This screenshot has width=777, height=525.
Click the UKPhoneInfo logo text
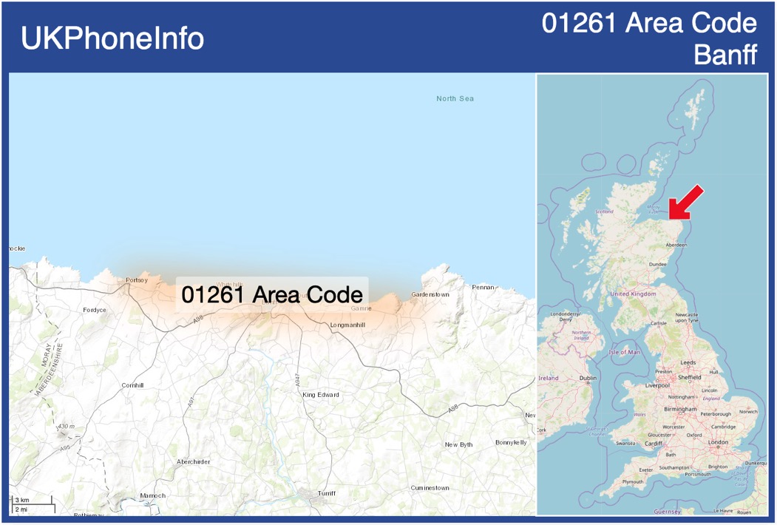(x=112, y=38)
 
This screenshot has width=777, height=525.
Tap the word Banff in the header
(x=725, y=54)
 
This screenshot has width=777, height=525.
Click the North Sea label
(x=455, y=98)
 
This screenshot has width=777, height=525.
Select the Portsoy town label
(x=137, y=280)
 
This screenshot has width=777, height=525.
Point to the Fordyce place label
(x=95, y=310)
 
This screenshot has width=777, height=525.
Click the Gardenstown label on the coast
(x=430, y=294)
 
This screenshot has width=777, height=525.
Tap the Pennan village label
(x=483, y=287)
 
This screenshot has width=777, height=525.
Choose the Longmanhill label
(x=347, y=325)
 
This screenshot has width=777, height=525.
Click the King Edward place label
(x=321, y=395)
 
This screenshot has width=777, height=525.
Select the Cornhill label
(x=132, y=385)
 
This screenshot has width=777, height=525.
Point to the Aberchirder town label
(x=193, y=461)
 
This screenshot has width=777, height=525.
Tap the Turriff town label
(x=326, y=492)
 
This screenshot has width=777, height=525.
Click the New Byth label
(x=458, y=444)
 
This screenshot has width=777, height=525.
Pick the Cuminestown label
(x=430, y=488)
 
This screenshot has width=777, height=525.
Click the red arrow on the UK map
(x=685, y=203)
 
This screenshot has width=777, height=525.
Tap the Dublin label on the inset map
(x=588, y=378)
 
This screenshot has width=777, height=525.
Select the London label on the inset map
(x=718, y=442)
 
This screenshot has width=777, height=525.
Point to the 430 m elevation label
(x=67, y=427)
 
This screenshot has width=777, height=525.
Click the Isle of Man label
(x=624, y=352)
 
